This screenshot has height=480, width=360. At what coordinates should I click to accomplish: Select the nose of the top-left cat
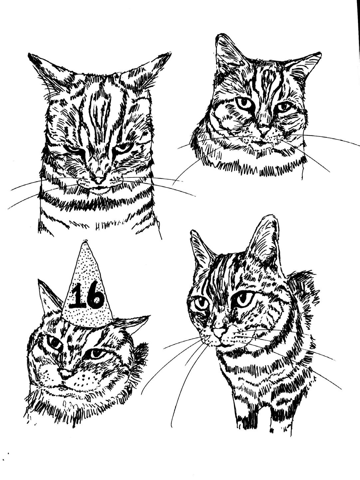pyautogui.click(x=99, y=180)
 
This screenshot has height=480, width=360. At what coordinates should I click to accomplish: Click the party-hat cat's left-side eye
pyautogui.click(x=55, y=344)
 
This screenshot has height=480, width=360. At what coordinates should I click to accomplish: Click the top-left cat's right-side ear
pyautogui.click(x=146, y=70)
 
